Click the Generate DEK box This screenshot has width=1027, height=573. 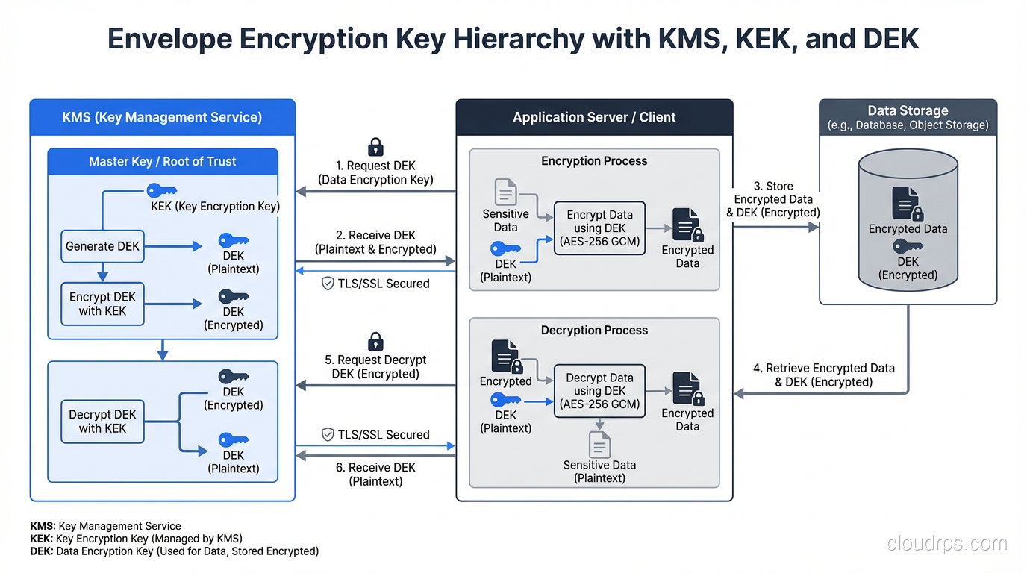pos(102,246)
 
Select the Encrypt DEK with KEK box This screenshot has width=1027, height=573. pos(102,304)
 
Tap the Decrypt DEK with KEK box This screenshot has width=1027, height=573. pos(102,422)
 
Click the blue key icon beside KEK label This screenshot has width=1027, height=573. pos(161,190)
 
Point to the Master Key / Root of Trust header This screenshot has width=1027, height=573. pos(163,161)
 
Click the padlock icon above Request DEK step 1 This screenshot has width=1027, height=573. pos(375,146)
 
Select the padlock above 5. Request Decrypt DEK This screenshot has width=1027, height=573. pos(375,342)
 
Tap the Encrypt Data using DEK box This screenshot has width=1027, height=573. pos(599,228)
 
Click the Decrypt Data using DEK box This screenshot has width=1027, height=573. pos(599,391)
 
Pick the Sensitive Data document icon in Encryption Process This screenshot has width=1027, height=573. pos(505,192)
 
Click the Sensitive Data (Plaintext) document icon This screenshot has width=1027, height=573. pos(599,445)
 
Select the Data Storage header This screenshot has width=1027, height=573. pos(908,117)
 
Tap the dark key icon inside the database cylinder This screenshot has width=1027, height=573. pos(908,246)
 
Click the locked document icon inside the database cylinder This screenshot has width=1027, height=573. pos(908,204)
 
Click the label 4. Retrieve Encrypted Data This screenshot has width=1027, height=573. pos(824,375)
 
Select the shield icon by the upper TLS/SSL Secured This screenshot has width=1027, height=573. pos(327,284)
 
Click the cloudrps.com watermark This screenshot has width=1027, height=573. pos(946,544)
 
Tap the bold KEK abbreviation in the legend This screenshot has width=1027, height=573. pos(40,539)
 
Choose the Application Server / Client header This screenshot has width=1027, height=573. pos(594,117)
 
